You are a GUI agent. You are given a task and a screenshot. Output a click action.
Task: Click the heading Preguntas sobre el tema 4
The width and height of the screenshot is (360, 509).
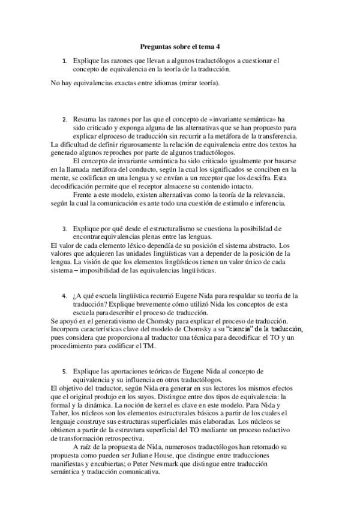pyautogui.click(x=180, y=46)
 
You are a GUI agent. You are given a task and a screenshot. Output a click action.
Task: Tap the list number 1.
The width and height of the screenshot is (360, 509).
pyautogui.click(x=64, y=61)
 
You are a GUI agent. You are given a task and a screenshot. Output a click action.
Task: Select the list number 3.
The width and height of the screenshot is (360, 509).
pyautogui.click(x=64, y=229)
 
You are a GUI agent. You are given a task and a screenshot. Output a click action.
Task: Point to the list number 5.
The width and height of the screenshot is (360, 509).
pyautogui.click(x=64, y=372)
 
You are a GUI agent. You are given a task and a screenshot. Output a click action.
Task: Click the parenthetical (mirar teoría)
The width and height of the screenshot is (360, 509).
pyautogui.click(x=199, y=82)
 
